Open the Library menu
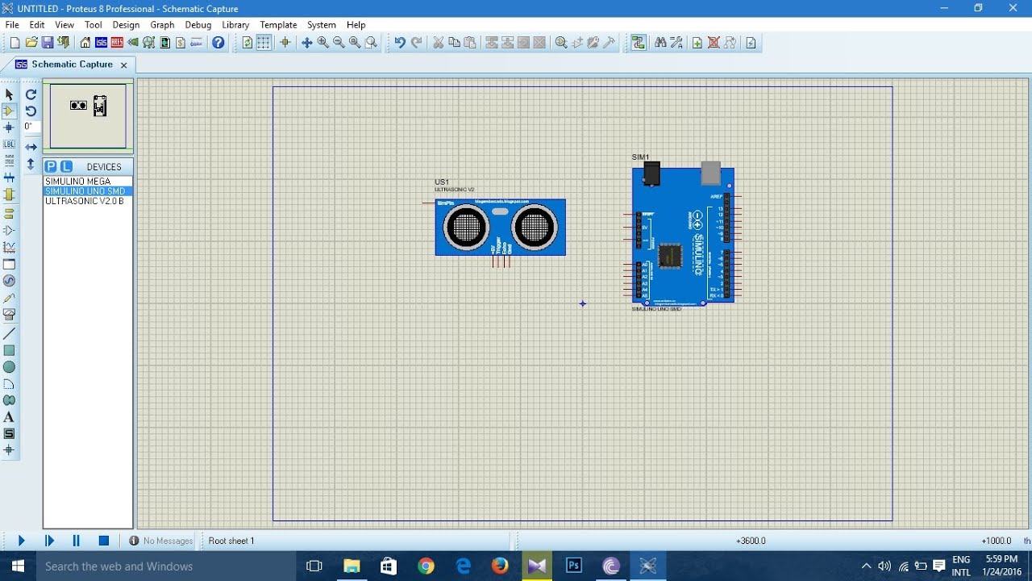pyautogui.click(x=235, y=25)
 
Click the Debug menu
pyautogui.click(x=198, y=25)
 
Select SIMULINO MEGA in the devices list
pyautogui.click(x=77, y=182)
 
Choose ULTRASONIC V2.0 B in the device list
pyautogui.click(x=85, y=201)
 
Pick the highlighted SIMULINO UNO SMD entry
pyautogui.click(x=85, y=191)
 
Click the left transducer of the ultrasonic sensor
pyautogui.click(x=466, y=228)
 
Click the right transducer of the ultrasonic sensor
pyautogui.click(x=533, y=228)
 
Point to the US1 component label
pyautogui.click(x=442, y=182)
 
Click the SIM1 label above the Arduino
pyautogui.click(x=640, y=157)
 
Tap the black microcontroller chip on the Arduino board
pyautogui.click(x=669, y=256)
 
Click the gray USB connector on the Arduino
pyautogui.click(x=710, y=173)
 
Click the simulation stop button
pyautogui.click(x=104, y=541)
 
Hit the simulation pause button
pyautogui.click(x=77, y=541)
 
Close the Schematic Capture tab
pyautogui.click(x=123, y=65)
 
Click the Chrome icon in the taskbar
pyautogui.click(x=426, y=566)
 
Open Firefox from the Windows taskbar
pyautogui.click(x=500, y=566)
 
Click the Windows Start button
pyautogui.click(x=18, y=566)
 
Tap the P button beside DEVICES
pyautogui.click(x=51, y=167)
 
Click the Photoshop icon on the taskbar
pyautogui.click(x=574, y=566)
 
